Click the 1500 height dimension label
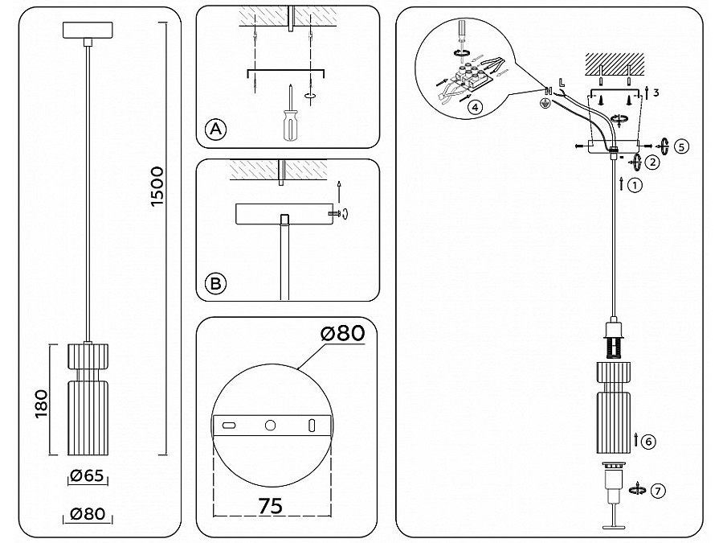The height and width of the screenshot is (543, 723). (x=157, y=187)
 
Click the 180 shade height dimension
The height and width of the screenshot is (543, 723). (x=42, y=404)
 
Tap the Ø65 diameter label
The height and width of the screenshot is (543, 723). (x=87, y=475)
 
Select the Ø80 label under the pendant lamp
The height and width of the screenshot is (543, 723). (x=88, y=513)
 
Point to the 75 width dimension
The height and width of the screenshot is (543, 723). (x=271, y=506)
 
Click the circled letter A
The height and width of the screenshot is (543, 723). (x=216, y=130)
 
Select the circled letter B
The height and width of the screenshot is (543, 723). (x=215, y=283)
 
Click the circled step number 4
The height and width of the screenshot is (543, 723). (x=475, y=108)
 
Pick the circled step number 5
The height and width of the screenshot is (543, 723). (x=681, y=146)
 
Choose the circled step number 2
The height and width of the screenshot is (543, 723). (x=652, y=162)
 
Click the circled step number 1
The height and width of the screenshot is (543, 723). (x=635, y=185)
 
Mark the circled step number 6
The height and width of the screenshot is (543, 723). (x=648, y=442)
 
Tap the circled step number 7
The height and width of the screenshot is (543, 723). (x=658, y=490)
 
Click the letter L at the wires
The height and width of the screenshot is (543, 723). (x=562, y=83)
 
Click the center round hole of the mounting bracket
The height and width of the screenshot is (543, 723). (x=270, y=426)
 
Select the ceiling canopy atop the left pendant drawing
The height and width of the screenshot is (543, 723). (x=88, y=30)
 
